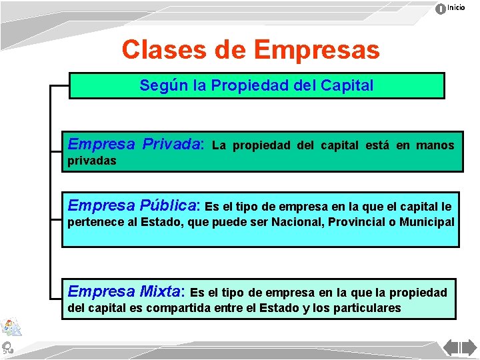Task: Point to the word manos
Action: click(435, 145)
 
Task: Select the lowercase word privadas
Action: click(92, 161)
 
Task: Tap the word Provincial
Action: click(357, 221)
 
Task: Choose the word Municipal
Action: click(427, 221)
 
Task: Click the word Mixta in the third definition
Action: click(160, 291)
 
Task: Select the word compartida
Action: click(187, 308)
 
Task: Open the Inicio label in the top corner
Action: click(457, 7)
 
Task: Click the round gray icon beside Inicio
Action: click(441, 9)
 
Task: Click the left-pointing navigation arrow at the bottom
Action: click(451, 349)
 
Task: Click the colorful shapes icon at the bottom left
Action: click(11, 327)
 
